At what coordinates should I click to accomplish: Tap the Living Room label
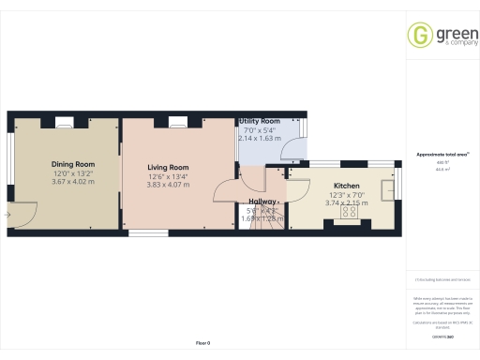coord(167,167)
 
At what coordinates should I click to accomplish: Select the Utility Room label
coord(260,122)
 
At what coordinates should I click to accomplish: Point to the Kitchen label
coord(346,186)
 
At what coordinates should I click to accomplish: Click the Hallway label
coord(262,202)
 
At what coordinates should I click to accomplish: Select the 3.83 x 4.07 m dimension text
coord(167,185)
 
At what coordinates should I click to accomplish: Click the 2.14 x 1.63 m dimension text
coord(260,139)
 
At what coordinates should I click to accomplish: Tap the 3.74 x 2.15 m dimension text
coord(346,202)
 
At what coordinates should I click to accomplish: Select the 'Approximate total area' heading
coord(442,155)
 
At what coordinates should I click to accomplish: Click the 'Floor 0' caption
coord(202,344)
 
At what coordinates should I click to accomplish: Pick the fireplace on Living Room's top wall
coord(177,120)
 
